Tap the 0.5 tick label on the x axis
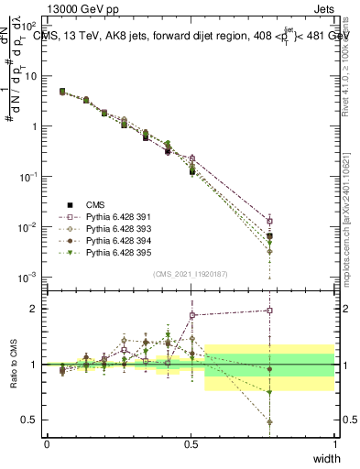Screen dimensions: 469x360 [x=191, y=444]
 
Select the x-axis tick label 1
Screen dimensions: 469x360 [x=334, y=444]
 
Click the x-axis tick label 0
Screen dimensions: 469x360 [x=47, y=444]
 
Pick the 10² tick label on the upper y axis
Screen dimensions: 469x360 [x=28, y=26]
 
